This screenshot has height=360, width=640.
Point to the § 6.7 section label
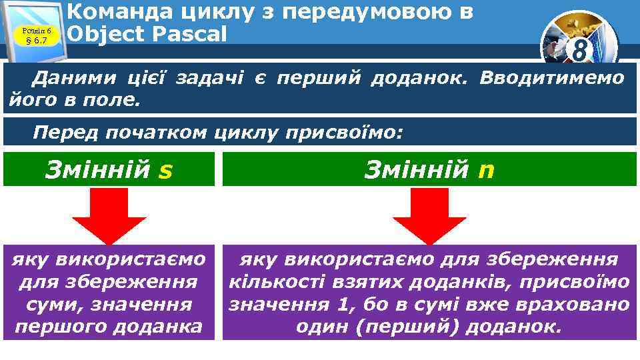(x=35, y=41)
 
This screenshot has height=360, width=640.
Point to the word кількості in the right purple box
(x=271, y=282)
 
